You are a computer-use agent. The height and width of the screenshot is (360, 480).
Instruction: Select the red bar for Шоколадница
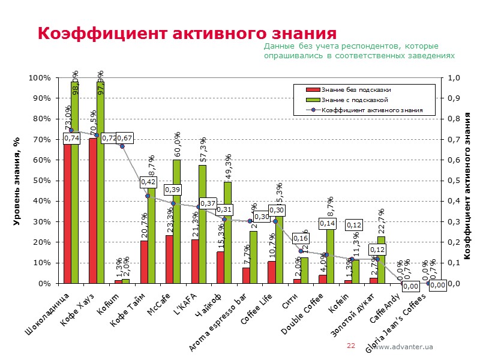67,216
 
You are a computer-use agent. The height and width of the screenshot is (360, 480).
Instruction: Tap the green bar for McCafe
176,222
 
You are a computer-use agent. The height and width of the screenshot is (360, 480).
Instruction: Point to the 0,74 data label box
72,138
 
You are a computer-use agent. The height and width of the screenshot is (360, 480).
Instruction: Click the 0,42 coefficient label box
148,182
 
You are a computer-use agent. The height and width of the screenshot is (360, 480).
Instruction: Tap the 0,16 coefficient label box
301,239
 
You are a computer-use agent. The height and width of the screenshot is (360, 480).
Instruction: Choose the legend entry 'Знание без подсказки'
351,89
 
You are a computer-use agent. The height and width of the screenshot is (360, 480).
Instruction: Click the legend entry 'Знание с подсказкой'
351,100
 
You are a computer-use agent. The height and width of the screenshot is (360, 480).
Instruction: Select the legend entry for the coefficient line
366,110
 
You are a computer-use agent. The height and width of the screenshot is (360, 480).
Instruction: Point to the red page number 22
352,346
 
